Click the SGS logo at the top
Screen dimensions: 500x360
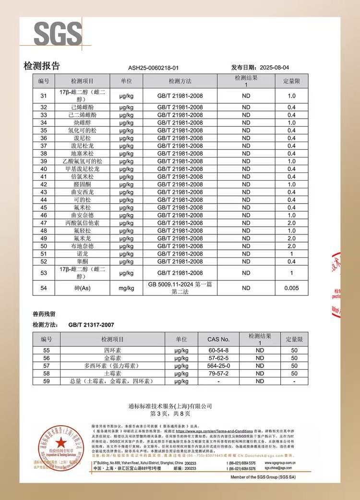pyautogui.click(x=58, y=34)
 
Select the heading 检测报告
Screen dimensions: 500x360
pyautogui.click(x=42, y=66)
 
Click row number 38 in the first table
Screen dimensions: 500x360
pyautogui.click(x=44, y=154)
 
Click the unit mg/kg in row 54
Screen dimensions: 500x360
pyautogui.click(x=126, y=288)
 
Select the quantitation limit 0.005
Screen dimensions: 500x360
pyautogui.click(x=291, y=288)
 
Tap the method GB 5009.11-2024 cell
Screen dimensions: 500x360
pyautogui.click(x=180, y=288)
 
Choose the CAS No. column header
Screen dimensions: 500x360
pyautogui.click(x=218, y=339)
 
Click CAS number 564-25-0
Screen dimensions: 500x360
pyautogui.click(x=218, y=366)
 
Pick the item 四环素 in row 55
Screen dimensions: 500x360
pyautogui.click(x=113, y=351)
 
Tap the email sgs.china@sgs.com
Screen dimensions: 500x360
pyautogui.click(x=285, y=468)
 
